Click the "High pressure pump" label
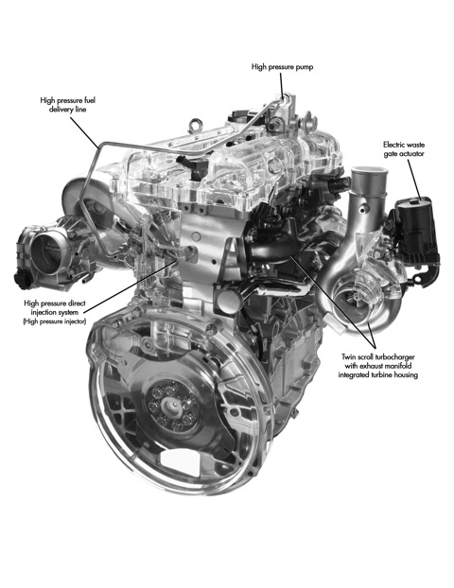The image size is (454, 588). pos(282,67)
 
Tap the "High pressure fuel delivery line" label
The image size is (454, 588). pos(67,105)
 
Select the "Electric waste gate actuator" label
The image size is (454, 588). pos(404,149)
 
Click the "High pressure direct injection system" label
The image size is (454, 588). pos(55,307)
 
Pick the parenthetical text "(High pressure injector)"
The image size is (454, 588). pos(55,321)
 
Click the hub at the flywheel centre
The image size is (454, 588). pos(171,406)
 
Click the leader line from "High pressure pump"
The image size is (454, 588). pos(281,85)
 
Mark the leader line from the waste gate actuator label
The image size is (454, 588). pos(413,179)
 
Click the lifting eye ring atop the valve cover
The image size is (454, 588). pos(196,125)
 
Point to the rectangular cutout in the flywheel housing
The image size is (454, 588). pos(180,463)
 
